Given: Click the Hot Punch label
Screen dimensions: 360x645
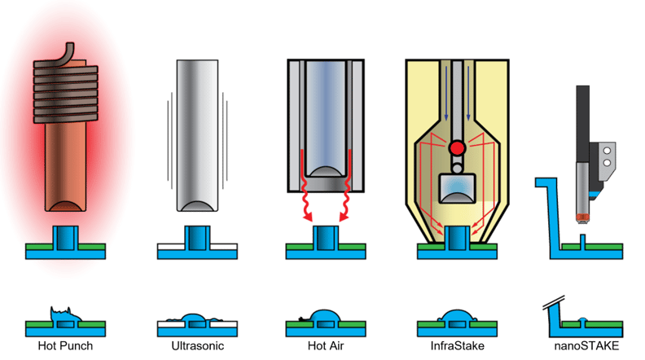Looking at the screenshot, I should (65, 346).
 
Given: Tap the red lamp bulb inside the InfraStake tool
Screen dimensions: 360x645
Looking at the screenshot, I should (456, 148).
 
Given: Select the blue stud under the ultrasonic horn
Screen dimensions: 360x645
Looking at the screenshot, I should (196, 237).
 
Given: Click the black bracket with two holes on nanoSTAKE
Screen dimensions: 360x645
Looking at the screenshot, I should (604, 159).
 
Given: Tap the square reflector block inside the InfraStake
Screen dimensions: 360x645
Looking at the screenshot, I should (456, 189).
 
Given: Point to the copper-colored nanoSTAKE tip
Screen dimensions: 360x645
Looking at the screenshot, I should (582, 217).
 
